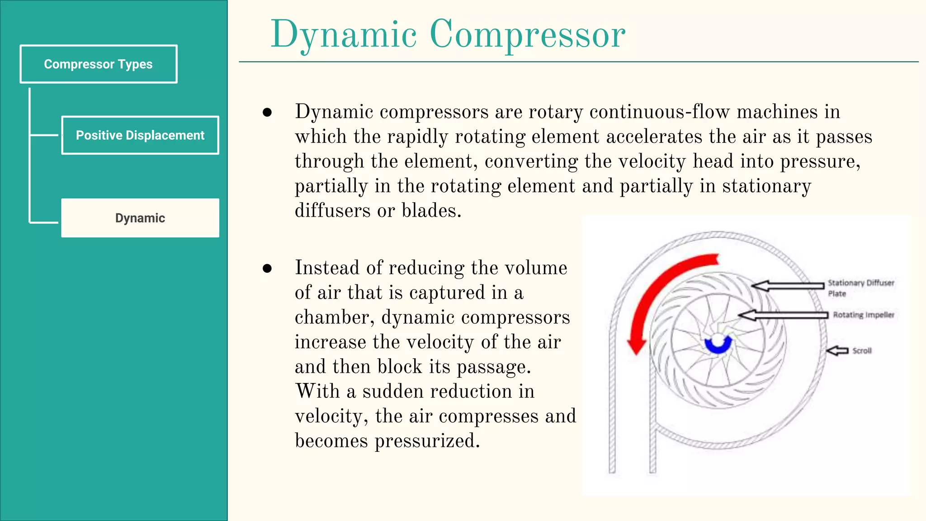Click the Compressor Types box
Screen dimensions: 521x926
(99, 64)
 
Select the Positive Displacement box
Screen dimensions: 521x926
(140, 135)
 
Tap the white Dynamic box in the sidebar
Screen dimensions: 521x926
(140, 218)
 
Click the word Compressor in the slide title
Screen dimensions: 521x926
(527, 34)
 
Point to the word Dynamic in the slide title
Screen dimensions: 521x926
(344, 35)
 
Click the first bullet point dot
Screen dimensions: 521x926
(267, 112)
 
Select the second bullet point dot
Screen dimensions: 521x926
(267, 268)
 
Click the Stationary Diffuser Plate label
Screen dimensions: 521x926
(860, 288)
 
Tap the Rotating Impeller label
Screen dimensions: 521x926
(864, 315)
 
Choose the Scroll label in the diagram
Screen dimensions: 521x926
(862, 350)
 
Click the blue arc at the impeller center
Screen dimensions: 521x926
(718, 346)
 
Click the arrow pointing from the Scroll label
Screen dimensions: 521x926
(837, 350)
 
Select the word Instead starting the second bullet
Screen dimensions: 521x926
(327, 268)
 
